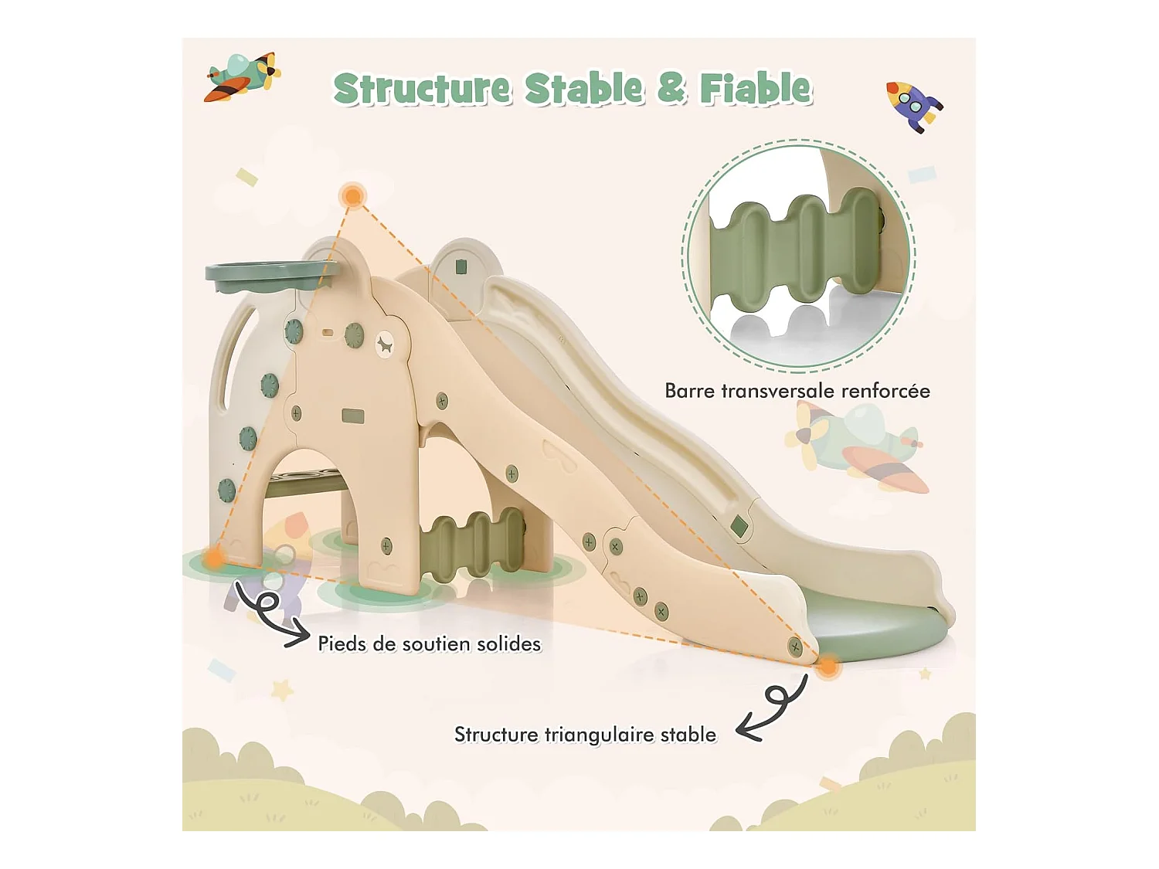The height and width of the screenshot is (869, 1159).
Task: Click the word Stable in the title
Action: pos(583,89)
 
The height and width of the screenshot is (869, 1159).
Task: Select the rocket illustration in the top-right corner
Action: pos(913,105)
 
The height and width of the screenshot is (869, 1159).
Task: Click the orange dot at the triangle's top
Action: pos(353,195)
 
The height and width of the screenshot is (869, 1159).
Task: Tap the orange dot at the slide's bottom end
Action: pos(828,666)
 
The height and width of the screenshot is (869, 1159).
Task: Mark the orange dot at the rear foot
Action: pos(214,556)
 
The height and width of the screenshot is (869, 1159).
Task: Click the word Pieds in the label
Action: pos(342,643)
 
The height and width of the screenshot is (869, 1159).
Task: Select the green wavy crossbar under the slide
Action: pos(472,543)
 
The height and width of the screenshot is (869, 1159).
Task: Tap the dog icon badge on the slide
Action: pos(384,345)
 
